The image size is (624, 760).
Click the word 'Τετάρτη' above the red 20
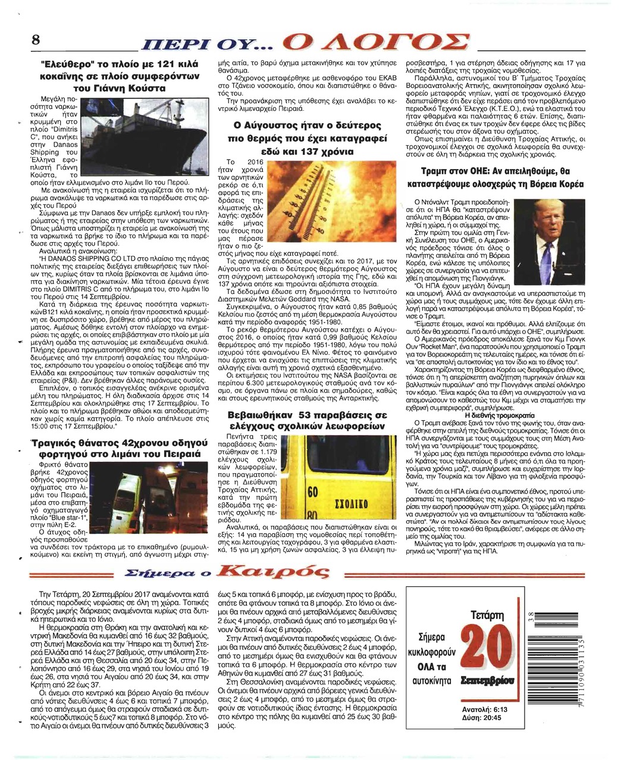[x=487, y=614]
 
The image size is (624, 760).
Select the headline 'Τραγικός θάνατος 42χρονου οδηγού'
[x=126, y=442]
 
